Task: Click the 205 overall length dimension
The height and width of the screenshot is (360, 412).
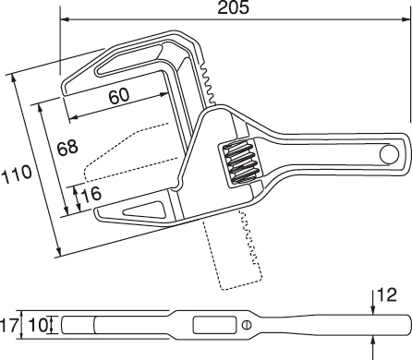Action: (235, 7)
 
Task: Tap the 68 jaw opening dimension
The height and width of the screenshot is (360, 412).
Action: (67, 148)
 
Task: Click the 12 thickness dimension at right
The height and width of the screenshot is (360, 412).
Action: (389, 294)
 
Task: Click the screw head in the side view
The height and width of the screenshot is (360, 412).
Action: (246, 325)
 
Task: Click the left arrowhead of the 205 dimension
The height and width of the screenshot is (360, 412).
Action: (65, 18)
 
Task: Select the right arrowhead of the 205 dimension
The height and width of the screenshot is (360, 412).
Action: (407, 18)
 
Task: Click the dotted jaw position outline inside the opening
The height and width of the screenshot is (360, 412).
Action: (120, 157)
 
